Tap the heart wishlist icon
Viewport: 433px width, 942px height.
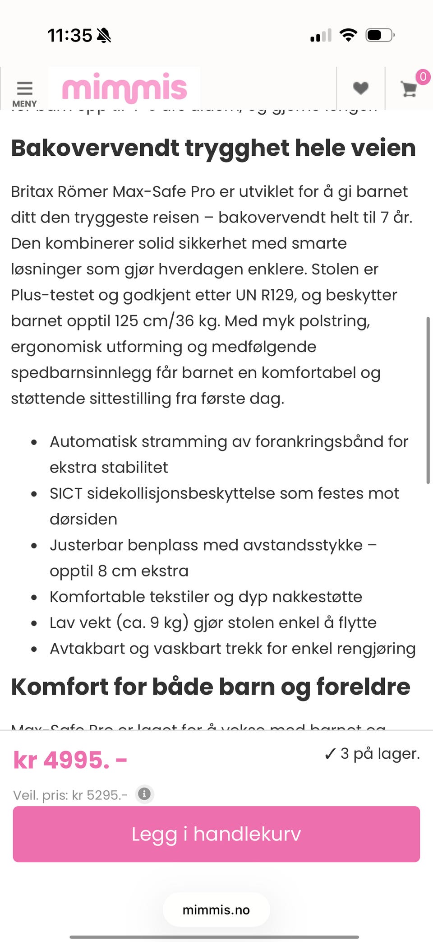360,88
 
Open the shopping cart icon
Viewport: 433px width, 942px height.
409,89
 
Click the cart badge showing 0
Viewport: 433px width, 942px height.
423,77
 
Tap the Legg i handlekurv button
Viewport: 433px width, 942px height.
216,834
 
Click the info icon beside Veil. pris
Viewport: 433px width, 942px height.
144,794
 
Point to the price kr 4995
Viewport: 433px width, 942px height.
70,761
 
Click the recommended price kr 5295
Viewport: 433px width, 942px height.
100,795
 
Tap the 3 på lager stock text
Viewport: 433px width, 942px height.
372,753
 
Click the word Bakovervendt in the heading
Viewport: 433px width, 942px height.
95,148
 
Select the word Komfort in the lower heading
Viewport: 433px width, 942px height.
60,687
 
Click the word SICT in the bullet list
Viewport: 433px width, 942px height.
66,493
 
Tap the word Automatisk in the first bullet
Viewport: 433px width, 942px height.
93,441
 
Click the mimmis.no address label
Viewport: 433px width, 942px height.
216,910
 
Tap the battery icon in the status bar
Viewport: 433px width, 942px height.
380,35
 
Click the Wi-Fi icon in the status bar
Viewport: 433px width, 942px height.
348,35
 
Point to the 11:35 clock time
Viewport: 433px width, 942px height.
70,35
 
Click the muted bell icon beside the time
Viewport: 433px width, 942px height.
104,35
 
